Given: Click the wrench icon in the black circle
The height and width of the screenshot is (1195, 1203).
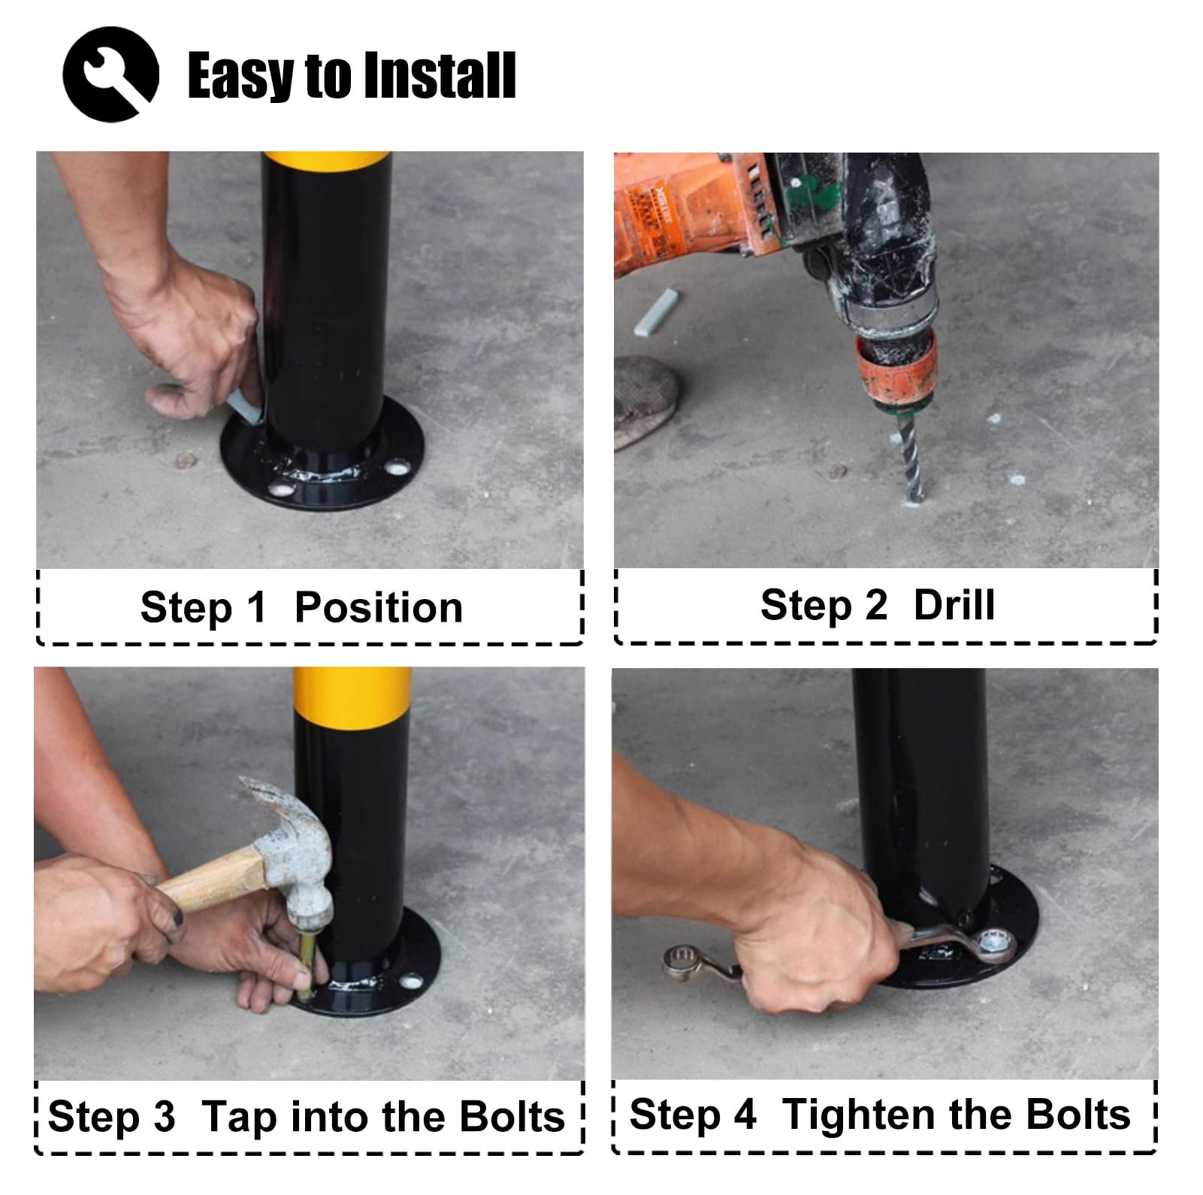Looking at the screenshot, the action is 111,74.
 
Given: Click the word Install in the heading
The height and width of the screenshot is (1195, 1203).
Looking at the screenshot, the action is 438,75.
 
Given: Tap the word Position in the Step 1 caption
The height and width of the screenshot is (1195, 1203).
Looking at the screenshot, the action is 378,607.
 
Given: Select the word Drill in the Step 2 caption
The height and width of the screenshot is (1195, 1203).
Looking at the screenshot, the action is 954,605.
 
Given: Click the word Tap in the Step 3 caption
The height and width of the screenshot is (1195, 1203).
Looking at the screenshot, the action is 237,1118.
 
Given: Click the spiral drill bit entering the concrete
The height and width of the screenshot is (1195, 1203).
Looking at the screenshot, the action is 910,458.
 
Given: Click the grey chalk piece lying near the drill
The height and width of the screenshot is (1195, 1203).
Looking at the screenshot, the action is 656,311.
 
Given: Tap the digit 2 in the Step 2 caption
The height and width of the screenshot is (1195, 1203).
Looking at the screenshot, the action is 875,605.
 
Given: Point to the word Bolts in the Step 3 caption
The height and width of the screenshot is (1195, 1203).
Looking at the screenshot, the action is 512,1116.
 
